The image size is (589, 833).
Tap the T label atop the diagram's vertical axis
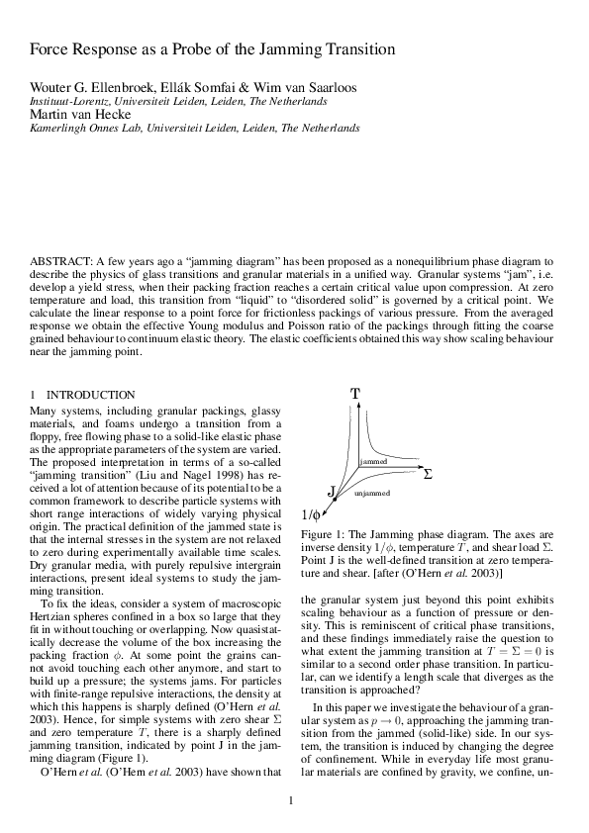[x=354, y=394]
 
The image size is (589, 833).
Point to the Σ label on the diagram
[x=428, y=474]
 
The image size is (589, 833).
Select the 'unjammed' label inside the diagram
[x=372, y=493]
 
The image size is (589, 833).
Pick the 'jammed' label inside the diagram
[x=373, y=462]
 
